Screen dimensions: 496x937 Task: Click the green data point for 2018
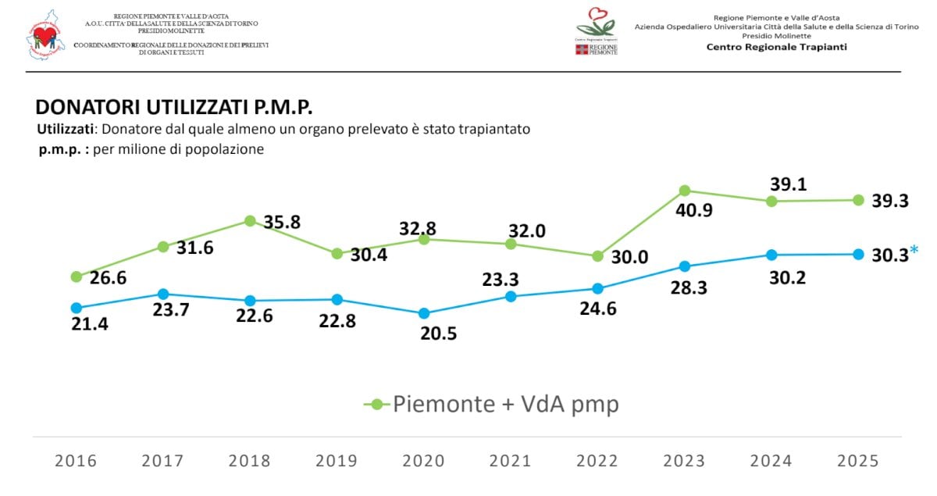[250, 221]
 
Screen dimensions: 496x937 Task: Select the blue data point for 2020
[424, 313]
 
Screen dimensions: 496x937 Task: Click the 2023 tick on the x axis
[685, 461]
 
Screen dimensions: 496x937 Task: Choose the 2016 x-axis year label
[76, 461]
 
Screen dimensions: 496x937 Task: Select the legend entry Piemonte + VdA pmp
[492, 404]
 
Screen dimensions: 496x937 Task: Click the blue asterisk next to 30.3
[914, 251]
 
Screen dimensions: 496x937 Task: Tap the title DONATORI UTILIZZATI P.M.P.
[174, 108]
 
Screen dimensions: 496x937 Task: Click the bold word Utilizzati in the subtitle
[66, 129]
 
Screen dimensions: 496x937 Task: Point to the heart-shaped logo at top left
[46, 35]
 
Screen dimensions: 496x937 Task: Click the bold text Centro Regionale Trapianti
[776, 47]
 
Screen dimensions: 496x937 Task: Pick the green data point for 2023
[685, 191]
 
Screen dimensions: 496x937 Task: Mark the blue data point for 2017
[163, 294]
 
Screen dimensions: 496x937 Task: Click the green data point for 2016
[76, 277]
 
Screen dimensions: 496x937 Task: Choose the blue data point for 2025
[858, 254]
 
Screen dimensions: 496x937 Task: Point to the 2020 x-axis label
[424, 461]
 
